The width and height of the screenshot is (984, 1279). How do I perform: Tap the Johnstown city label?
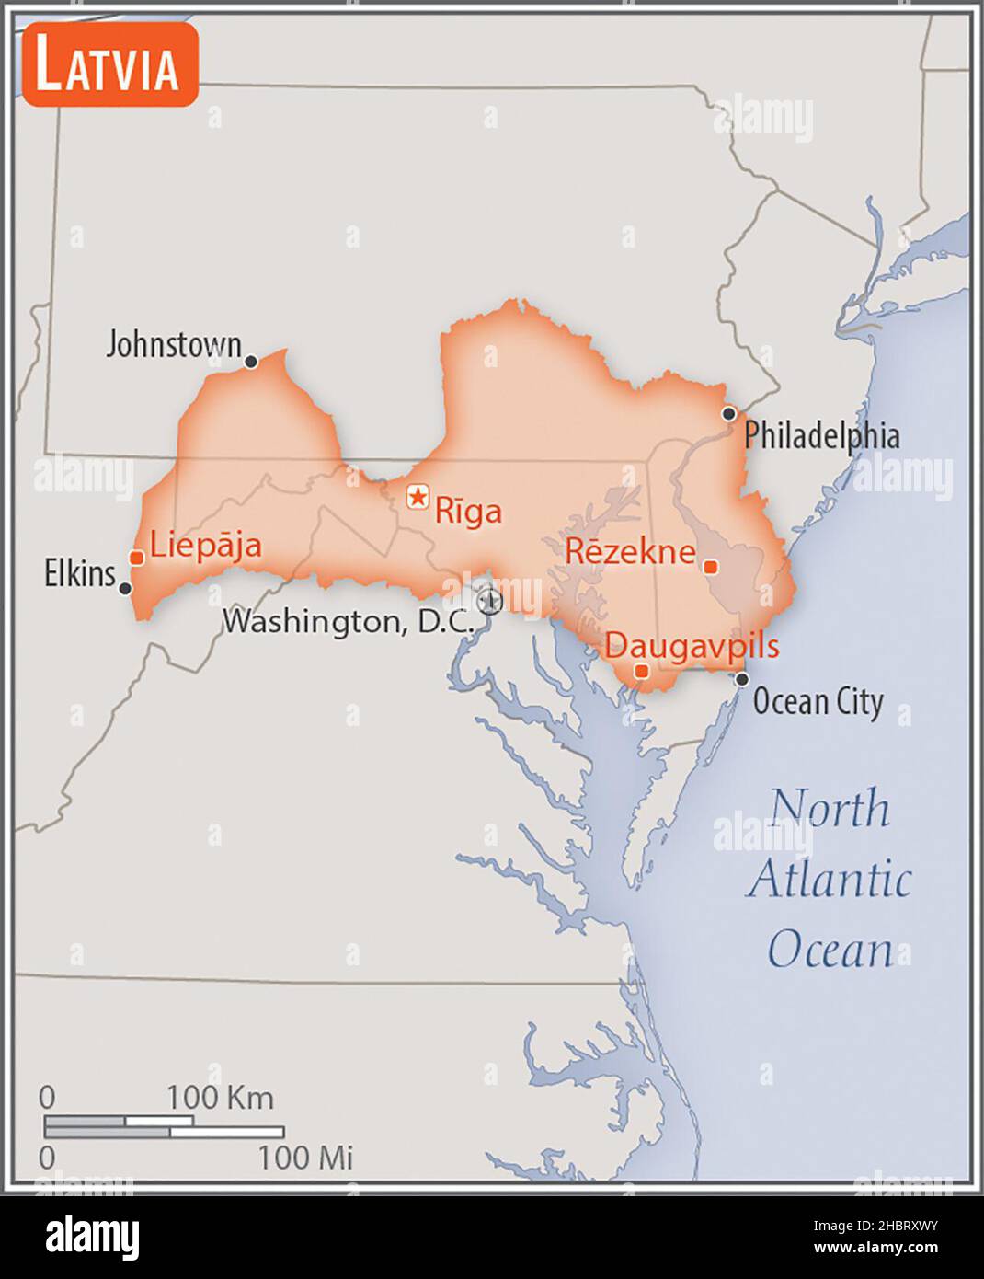pos(173,345)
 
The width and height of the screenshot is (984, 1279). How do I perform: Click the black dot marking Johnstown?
pos(250,362)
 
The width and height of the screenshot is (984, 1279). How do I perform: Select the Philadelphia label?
pos(821,435)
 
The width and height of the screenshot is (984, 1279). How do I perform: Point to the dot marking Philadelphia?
pos(728,413)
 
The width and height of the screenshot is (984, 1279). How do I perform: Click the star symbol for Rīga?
pos(418,498)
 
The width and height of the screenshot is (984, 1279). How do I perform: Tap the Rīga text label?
pos(468,511)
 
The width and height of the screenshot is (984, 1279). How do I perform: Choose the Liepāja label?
pos(205,545)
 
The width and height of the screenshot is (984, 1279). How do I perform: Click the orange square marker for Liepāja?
pos(136,558)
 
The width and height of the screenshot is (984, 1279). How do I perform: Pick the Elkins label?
pos(80,574)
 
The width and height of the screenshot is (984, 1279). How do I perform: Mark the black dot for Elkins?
pos(125,588)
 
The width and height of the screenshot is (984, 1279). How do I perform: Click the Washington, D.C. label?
pos(349,621)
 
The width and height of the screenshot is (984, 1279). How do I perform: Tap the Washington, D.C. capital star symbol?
pos(491,601)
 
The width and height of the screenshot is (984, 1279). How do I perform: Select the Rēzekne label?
pos(630,551)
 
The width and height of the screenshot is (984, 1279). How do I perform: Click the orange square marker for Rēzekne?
pos(710,566)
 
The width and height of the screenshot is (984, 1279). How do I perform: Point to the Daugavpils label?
pos(692,646)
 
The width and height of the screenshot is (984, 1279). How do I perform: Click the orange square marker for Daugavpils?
pos(642,672)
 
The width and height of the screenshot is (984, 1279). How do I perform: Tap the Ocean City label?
pos(818,702)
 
